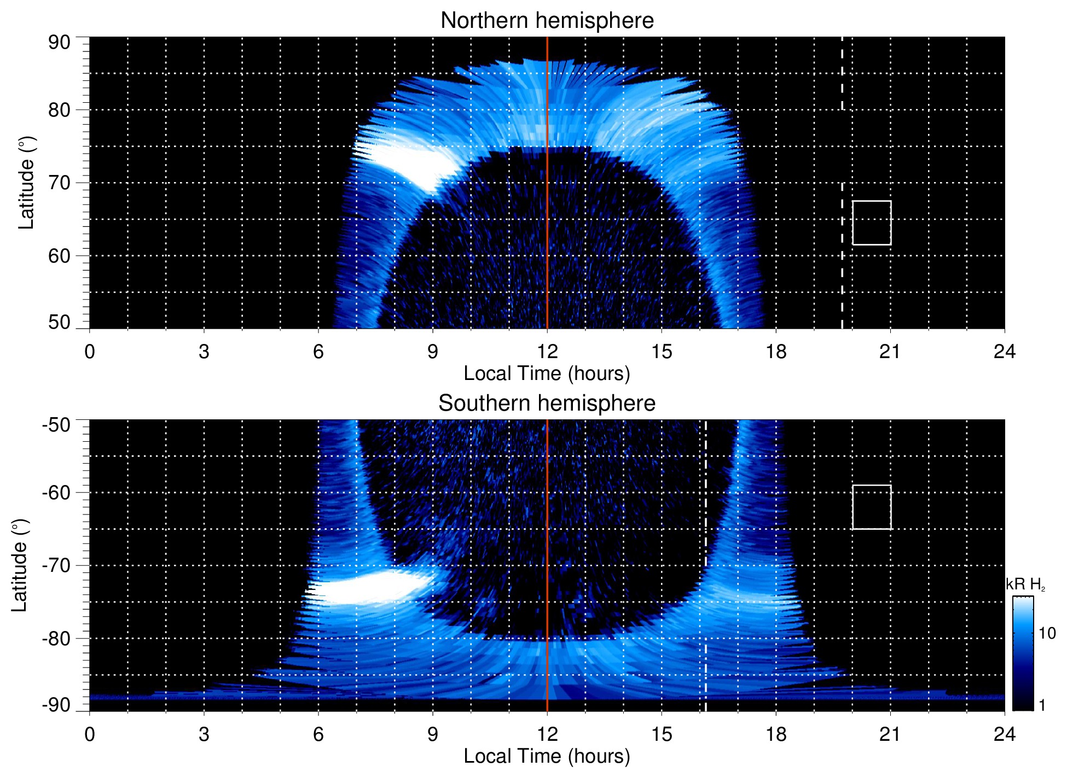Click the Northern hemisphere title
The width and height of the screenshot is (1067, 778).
coord(547,21)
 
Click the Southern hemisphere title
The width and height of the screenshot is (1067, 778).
coord(547,403)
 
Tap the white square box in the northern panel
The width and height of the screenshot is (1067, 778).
coord(871,223)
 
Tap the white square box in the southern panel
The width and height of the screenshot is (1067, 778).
coord(871,507)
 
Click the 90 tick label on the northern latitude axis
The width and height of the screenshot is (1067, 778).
coord(59,43)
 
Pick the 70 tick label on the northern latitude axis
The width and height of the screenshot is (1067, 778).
coord(59,183)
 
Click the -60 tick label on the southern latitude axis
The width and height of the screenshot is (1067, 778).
coord(56,492)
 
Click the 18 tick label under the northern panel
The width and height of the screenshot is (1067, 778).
coord(776,352)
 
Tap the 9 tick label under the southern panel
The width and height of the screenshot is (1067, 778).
coord(433,734)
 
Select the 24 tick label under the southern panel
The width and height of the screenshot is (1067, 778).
coord(1004,734)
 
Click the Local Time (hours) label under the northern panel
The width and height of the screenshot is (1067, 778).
coord(547,373)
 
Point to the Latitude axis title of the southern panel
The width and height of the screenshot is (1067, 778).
coord(20,565)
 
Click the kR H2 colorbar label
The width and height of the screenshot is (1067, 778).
coord(1025,584)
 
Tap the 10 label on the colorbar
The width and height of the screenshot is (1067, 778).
coord(1046,634)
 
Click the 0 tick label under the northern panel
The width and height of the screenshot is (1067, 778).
coord(90,352)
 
